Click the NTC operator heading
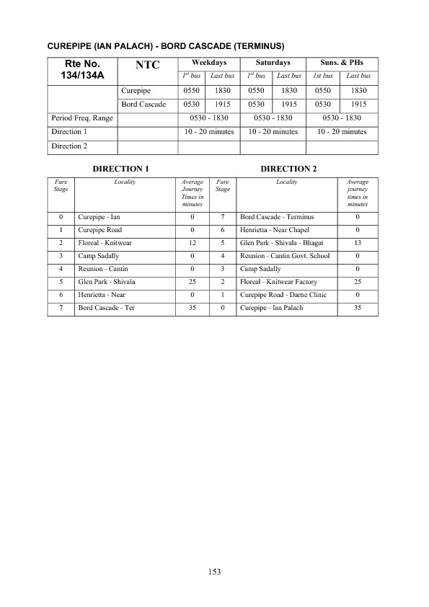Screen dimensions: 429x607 point(147,65)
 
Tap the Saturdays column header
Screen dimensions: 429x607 point(273,62)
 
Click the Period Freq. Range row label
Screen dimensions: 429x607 point(82,118)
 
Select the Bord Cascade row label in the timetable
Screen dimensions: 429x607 point(143,105)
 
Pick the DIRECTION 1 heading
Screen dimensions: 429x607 point(120,169)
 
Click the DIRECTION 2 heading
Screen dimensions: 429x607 point(288,169)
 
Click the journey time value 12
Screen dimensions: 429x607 point(193,242)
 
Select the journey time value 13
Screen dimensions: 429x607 point(358,242)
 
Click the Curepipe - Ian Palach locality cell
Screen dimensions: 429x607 point(271,308)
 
